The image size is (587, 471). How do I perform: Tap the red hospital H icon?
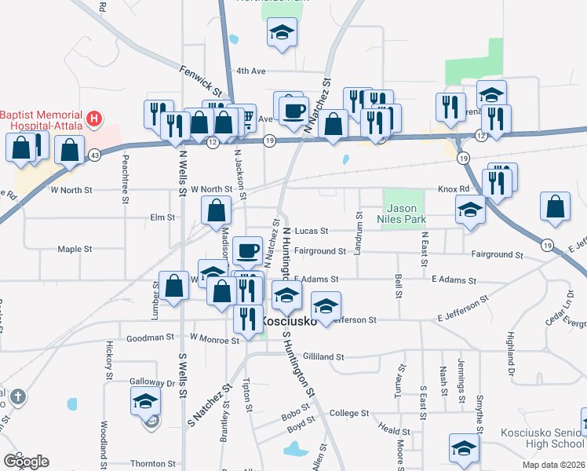pyautogui.click(x=95, y=119)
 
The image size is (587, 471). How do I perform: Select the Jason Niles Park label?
pyautogui.click(x=405, y=214)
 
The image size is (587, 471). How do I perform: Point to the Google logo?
pyautogui.click(x=26, y=461)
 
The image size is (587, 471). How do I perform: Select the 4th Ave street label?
pyautogui.click(x=252, y=71)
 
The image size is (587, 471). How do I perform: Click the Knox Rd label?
pyautogui.click(x=453, y=190)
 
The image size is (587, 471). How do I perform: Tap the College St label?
pyautogui.click(x=349, y=413)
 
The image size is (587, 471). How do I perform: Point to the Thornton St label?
pyautogui.click(x=154, y=464)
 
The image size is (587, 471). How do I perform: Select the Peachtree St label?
pyautogui.click(x=125, y=180)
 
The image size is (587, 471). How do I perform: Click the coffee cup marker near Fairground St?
pyautogui.click(x=248, y=251)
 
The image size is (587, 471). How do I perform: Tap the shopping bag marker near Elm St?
pyautogui.click(x=217, y=210)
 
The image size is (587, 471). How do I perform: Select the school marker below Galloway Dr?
pyautogui.click(x=145, y=403)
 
